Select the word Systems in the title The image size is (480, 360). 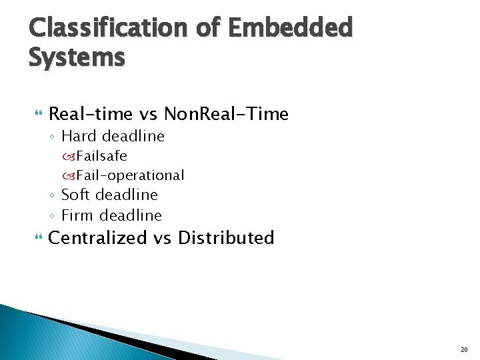coord(77,57)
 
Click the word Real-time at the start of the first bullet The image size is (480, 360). coord(91,114)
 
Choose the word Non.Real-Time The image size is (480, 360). coord(226,114)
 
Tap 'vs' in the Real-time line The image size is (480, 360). coord(148,114)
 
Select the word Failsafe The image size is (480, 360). coord(101,156)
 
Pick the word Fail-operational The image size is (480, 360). coord(129,175)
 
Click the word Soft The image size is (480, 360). coord(76,195)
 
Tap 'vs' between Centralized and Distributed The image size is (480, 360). coord(162,238)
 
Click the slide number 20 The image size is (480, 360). coord(464,349)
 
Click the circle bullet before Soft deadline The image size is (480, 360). coord(53,195)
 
